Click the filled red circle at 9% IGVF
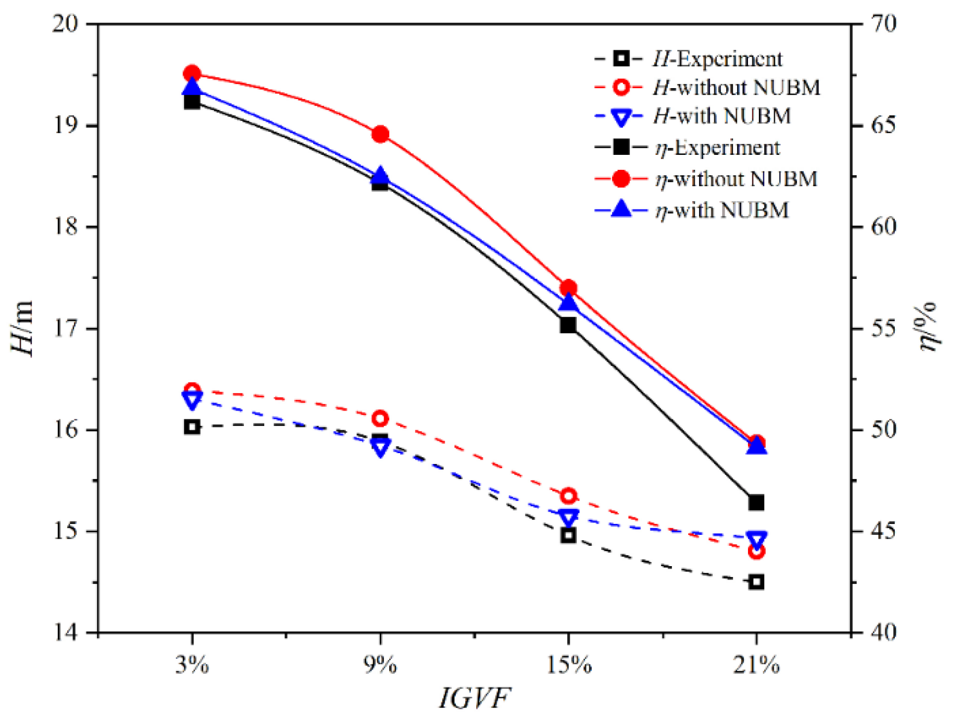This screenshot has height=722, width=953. click(x=380, y=134)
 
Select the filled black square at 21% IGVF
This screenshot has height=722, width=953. click(x=756, y=502)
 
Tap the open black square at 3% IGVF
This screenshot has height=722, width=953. click(x=192, y=427)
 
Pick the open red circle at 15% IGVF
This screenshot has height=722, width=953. click(x=568, y=496)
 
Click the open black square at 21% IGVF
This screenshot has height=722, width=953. click(x=756, y=582)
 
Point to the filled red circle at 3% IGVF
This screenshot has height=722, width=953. click(x=192, y=74)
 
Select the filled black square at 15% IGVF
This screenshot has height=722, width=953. click(x=568, y=325)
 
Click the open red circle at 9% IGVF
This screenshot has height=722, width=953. click(x=380, y=418)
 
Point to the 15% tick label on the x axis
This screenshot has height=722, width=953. click(x=568, y=665)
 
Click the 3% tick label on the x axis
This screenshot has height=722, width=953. click(x=192, y=665)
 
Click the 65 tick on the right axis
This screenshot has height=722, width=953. click(x=883, y=124)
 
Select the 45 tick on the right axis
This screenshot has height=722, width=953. click(x=883, y=531)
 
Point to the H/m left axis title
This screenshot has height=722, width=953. click(x=22, y=329)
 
